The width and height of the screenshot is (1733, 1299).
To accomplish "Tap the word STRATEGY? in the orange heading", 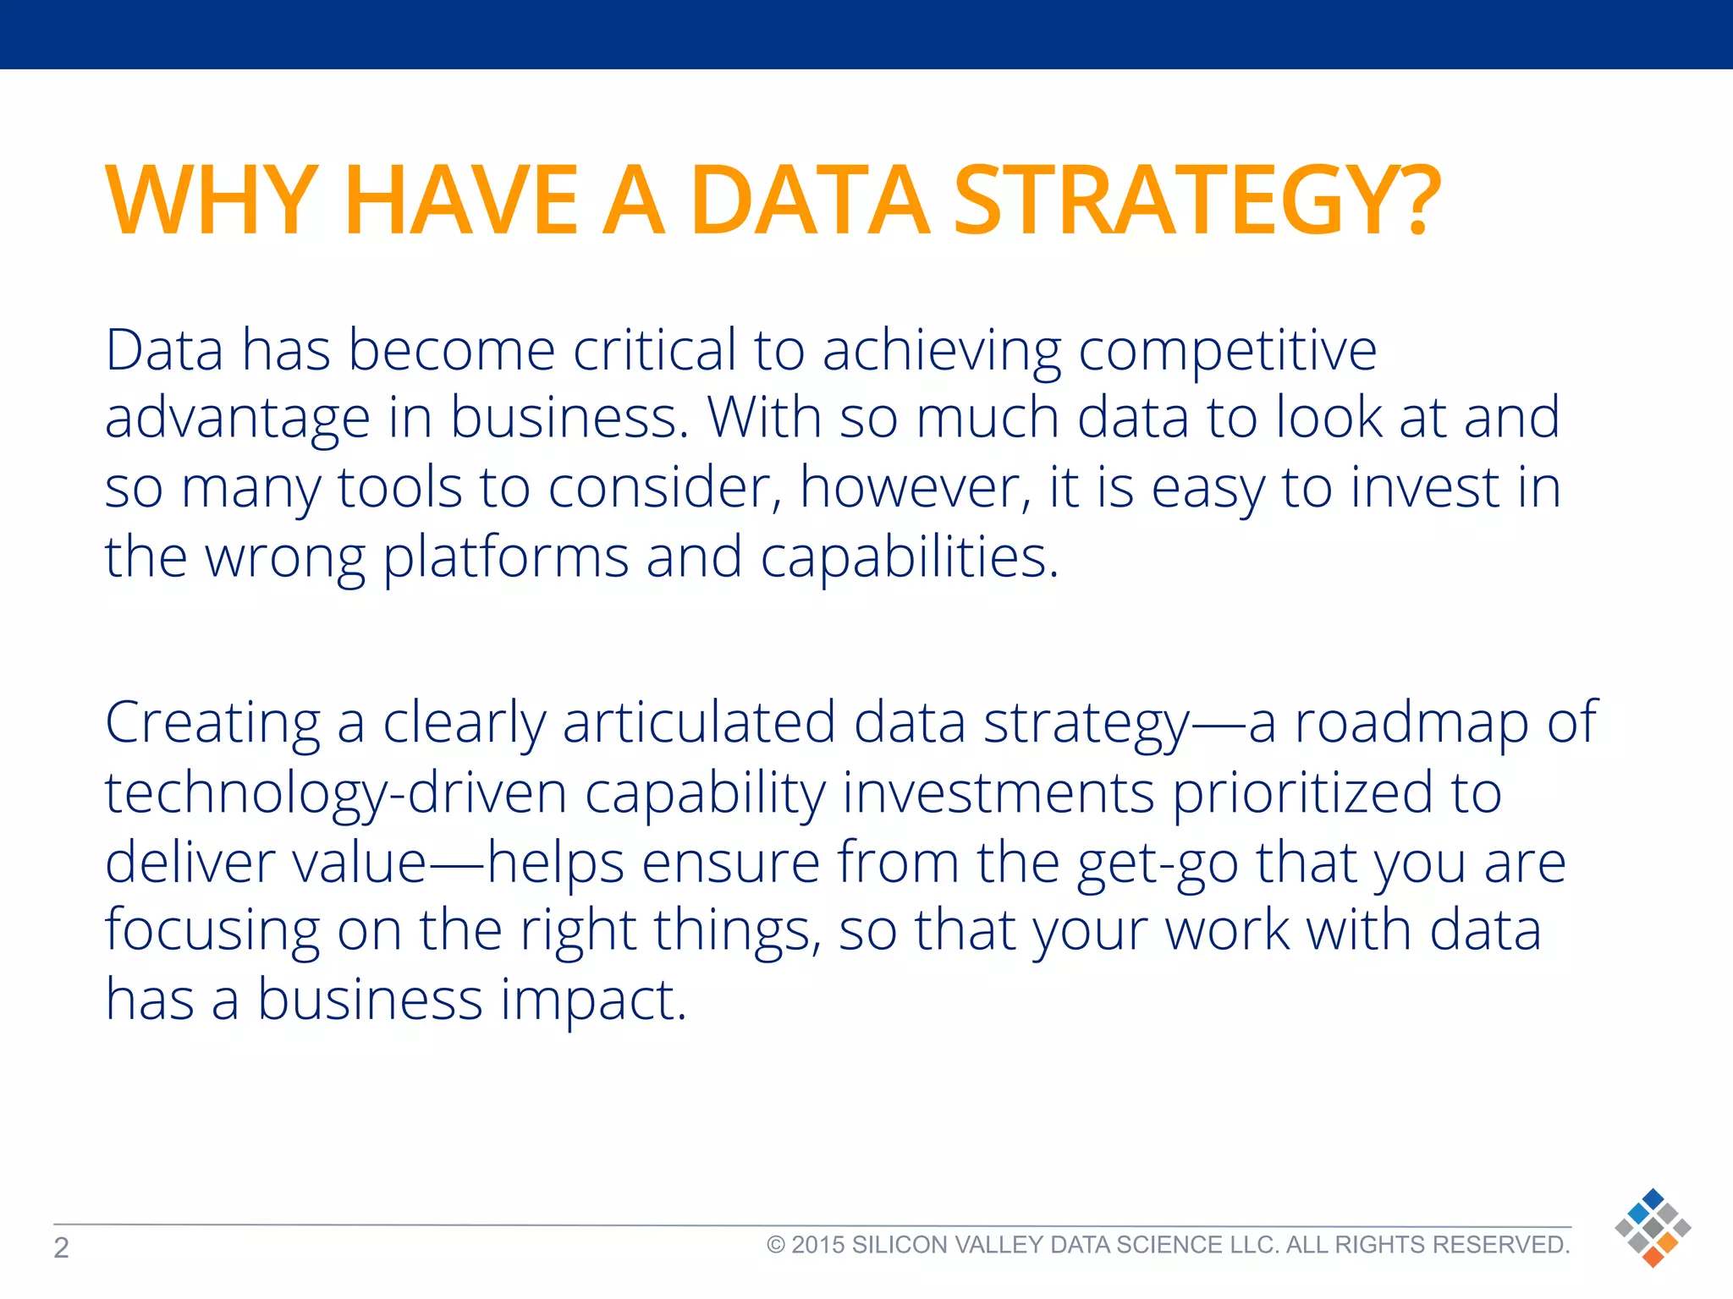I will click(1197, 200).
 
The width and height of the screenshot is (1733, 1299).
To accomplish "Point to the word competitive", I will click(1227, 351).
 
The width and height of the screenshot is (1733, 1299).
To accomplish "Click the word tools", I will click(399, 488).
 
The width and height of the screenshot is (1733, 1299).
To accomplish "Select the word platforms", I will click(505, 559).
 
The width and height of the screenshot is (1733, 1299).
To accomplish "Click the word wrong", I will click(285, 559).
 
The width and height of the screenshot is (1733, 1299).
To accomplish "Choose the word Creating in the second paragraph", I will click(212, 724).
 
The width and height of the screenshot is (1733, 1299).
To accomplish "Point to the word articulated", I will click(699, 724).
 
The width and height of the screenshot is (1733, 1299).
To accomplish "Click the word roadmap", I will click(1412, 724).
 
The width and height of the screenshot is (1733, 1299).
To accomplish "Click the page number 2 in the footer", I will click(61, 1247).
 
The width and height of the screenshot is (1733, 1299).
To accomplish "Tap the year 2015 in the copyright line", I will click(817, 1245).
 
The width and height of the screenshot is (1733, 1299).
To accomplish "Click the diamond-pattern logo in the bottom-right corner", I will click(1652, 1228).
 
